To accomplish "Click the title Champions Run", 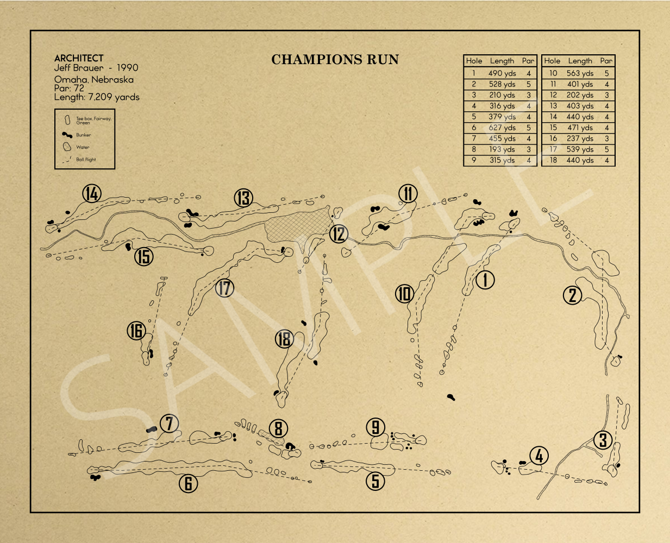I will (x=335, y=60).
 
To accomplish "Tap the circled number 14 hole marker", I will (x=92, y=193).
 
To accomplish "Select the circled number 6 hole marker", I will (x=188, y=483).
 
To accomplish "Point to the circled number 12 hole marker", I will (x=338, y=233).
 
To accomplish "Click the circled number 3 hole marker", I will (x=603, y=440).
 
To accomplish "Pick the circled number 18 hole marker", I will (x=284, y=339).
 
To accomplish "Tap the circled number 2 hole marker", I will (x=572, y=295).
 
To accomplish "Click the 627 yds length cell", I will (x=502, y=128).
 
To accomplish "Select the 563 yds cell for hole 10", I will (x=580, y=73).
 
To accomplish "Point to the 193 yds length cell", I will (x=502, y=149).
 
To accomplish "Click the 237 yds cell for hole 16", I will (x=580, y=138).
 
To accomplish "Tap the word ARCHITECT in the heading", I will (x=79, y=58).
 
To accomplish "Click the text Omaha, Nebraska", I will (x=93, y=79).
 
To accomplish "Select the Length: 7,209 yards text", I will (x=97, y=97).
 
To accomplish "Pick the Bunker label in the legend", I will (x=83, y=135).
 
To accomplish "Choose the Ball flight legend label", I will (x=86, y=160).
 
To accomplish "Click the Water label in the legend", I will (x=83, y=147).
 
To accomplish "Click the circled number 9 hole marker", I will (x=375, y=427).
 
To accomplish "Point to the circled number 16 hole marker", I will (x=136, y=330).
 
